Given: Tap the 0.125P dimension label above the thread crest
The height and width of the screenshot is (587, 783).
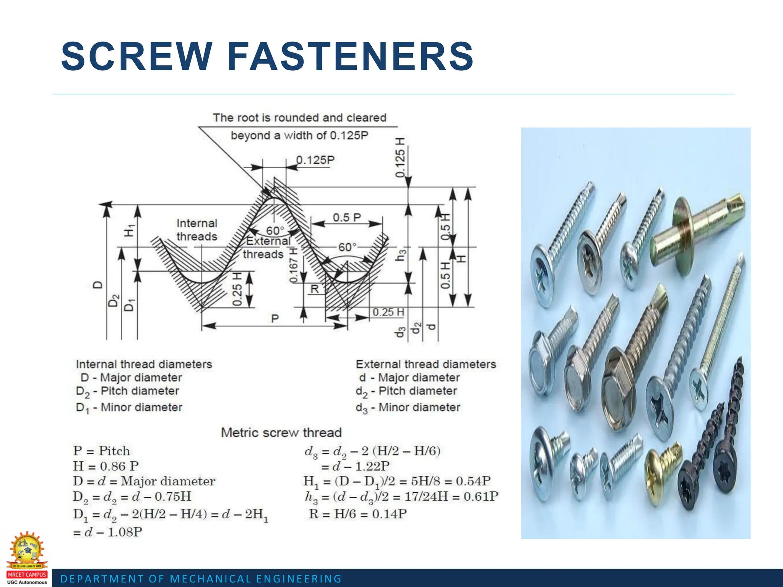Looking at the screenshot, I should click(x=315, y=160).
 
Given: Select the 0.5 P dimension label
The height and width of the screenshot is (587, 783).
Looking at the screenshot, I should click(x=347, y=217).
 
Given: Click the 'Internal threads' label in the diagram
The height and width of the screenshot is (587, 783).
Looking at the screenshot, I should click(x=197, y=230).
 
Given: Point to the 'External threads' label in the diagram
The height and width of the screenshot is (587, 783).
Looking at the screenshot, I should click(x=266, y=248).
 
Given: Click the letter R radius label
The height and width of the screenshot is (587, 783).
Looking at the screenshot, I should click(x=314, y=289).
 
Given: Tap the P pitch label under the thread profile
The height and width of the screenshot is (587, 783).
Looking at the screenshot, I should click(x=275, y=319).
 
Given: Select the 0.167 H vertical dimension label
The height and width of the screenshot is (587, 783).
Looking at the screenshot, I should click(x=293, y=265).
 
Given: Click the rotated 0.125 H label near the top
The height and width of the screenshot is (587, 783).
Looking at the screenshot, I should click(x=400, y=157).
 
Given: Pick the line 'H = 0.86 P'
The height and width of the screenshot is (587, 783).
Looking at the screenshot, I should click(x=106, y=466).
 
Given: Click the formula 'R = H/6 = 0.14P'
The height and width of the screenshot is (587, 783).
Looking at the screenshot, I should click(x=357, y=514).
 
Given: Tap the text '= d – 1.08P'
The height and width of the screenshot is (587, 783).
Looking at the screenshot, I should click(x=108, y=532).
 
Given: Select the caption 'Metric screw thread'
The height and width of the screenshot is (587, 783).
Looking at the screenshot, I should click(x=281, y=433).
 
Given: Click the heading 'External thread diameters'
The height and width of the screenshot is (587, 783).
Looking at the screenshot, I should click(x=426, y=364).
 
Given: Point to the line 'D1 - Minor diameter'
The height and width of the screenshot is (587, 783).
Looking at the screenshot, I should click(x=129, y=408).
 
